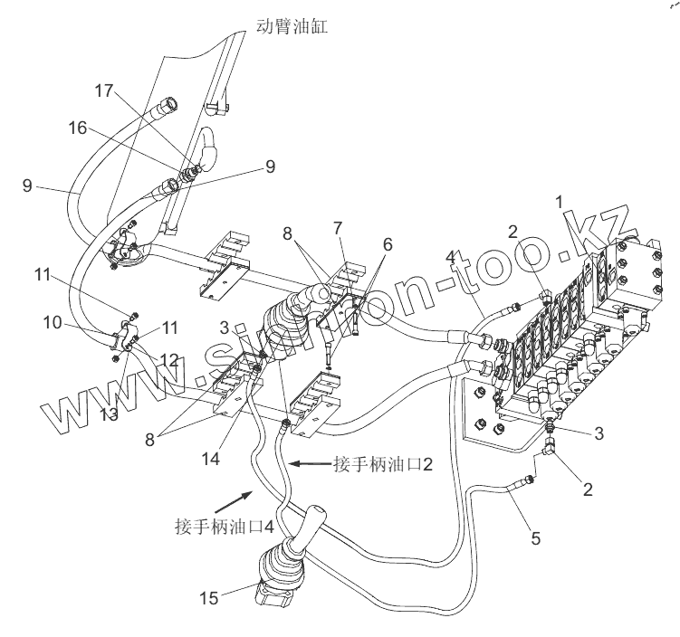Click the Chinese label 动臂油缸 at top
[292, 26]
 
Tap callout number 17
[104, 91]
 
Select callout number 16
[78, 128]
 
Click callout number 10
[53, 323]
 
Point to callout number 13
[109, 414]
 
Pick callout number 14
[211, 459]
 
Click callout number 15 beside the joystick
[208, 598]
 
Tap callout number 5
[536, 538]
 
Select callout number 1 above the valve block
[560, 202]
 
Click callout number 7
[338, 228]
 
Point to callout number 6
[388, 245]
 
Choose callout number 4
[451, 257]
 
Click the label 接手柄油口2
[383, 464]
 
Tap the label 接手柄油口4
[225, 527]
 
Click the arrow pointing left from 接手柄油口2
[311, 464]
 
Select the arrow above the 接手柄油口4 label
[234, 502]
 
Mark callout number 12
[169, 359]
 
